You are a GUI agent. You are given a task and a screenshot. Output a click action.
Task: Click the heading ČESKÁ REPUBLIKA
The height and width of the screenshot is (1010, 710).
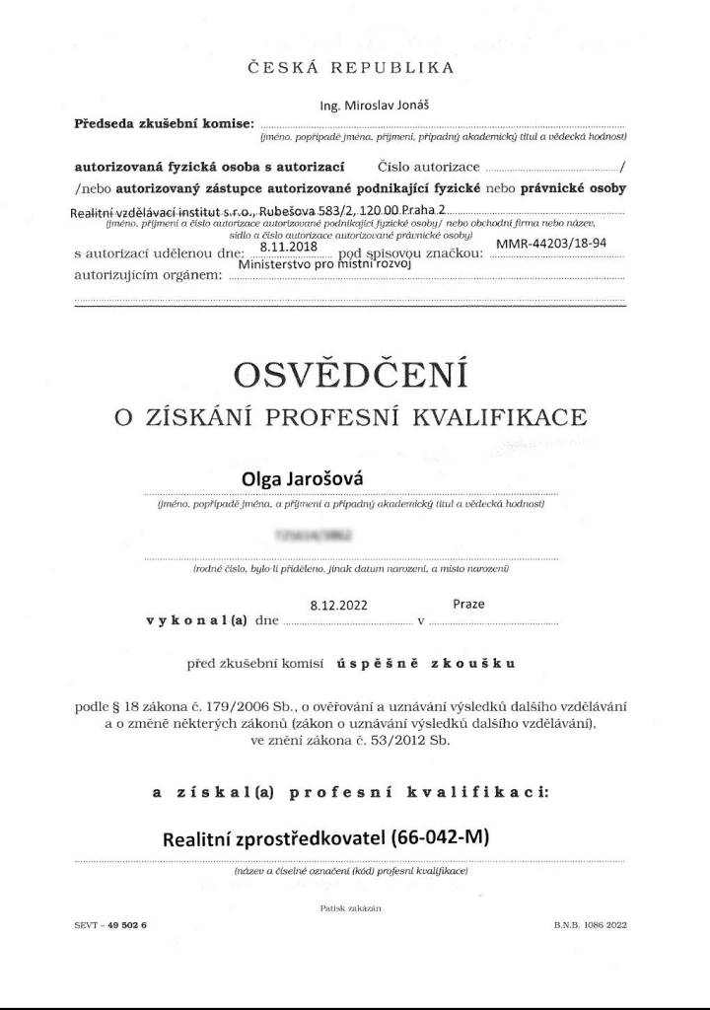[355, 68]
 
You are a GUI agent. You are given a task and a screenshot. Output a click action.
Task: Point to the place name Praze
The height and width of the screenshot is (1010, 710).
[468, 603]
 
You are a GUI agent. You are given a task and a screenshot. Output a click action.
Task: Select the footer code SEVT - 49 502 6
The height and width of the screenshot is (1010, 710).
[109, 925]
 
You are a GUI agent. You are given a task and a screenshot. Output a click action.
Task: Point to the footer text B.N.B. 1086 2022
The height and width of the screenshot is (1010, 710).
[590, 925]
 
